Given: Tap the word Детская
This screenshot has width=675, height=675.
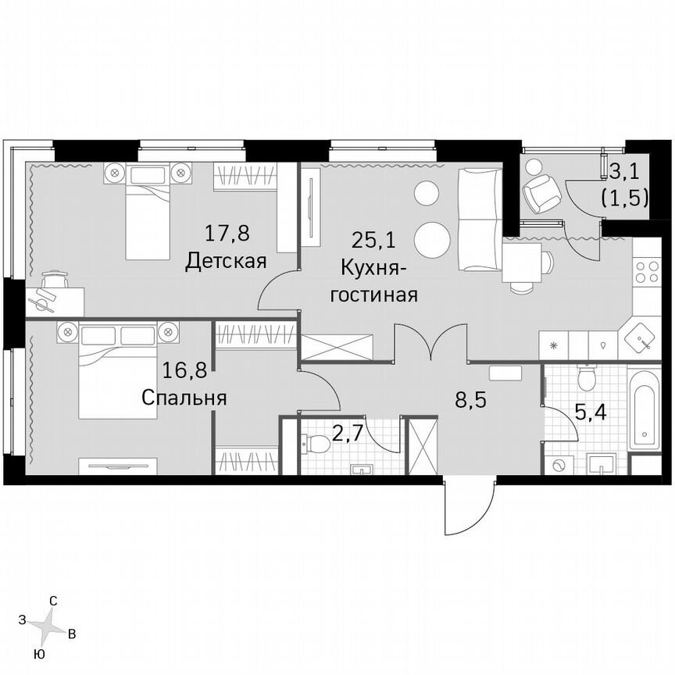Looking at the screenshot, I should (x=227, y=261).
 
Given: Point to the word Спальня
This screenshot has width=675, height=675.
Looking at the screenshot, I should (x=184, y=398).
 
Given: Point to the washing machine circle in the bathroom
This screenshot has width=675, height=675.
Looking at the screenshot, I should (x=559, y=465).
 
